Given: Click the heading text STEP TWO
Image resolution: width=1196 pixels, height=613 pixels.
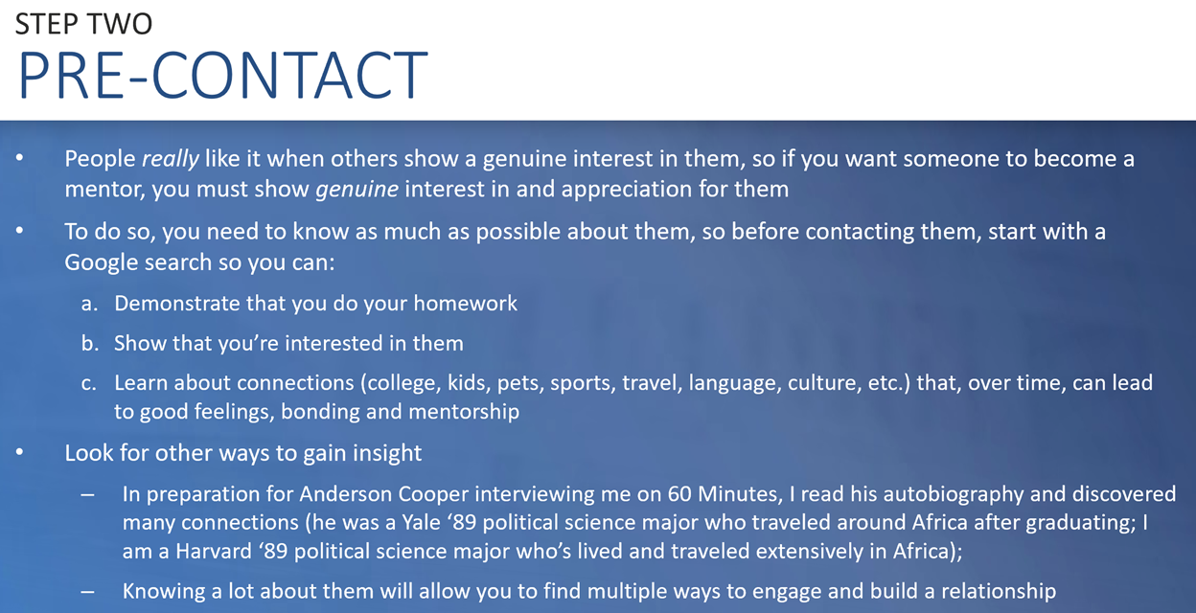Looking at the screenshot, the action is click(83, 24).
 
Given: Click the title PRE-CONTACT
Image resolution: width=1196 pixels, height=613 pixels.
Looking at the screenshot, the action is click(222, 76).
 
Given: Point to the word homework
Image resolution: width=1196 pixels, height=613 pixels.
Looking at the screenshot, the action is click(465, 303).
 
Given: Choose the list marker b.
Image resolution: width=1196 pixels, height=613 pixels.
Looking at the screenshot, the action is click(90, 343).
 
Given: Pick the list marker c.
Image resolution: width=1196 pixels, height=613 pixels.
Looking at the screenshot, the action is click(88, 383).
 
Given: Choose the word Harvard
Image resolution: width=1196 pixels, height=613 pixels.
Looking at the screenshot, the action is click(214, 551).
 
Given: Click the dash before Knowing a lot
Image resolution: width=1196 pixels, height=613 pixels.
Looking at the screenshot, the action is click(88, 592).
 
